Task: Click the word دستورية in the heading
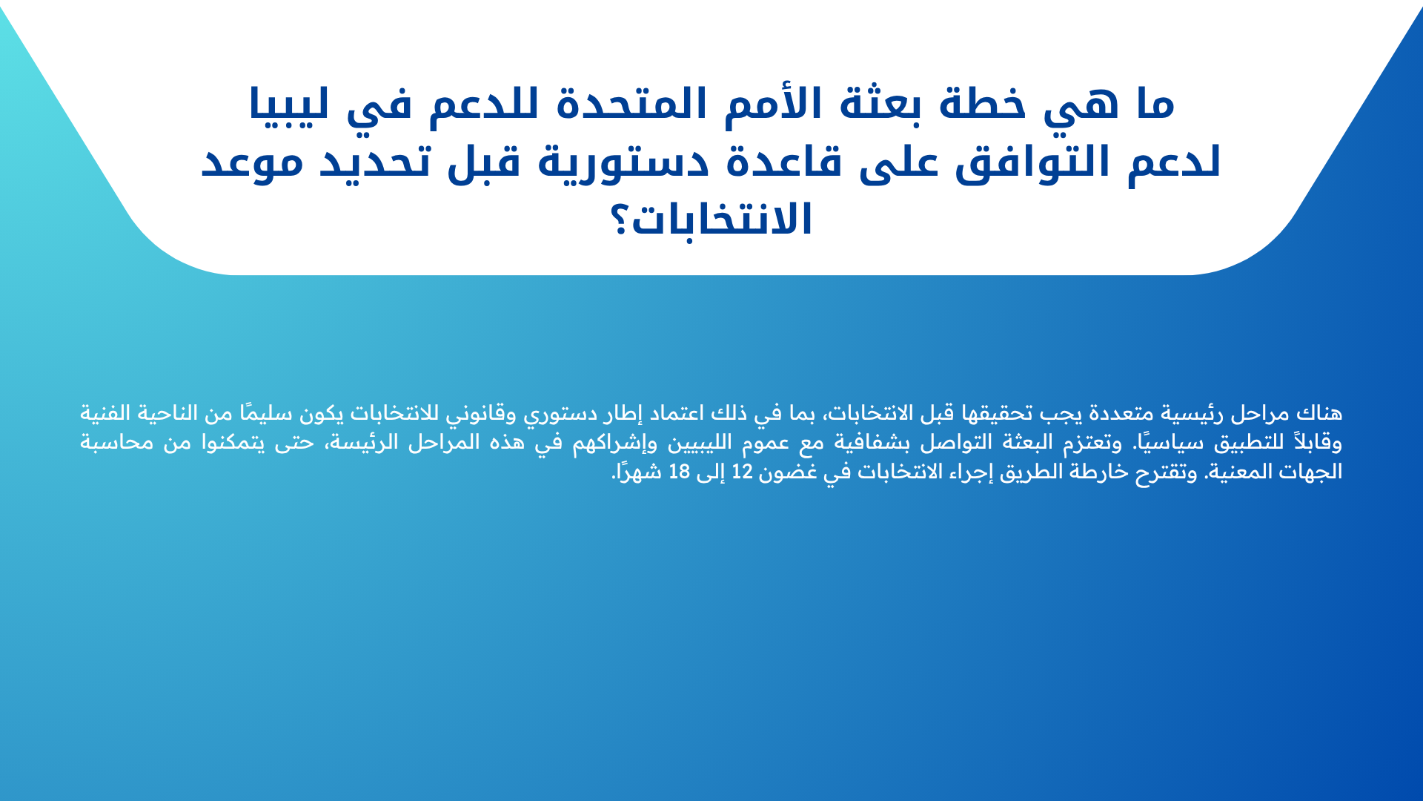[623, 162]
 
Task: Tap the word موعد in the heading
[252, 162]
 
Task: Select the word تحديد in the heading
[375, 162]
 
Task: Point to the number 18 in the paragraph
[679, 472]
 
